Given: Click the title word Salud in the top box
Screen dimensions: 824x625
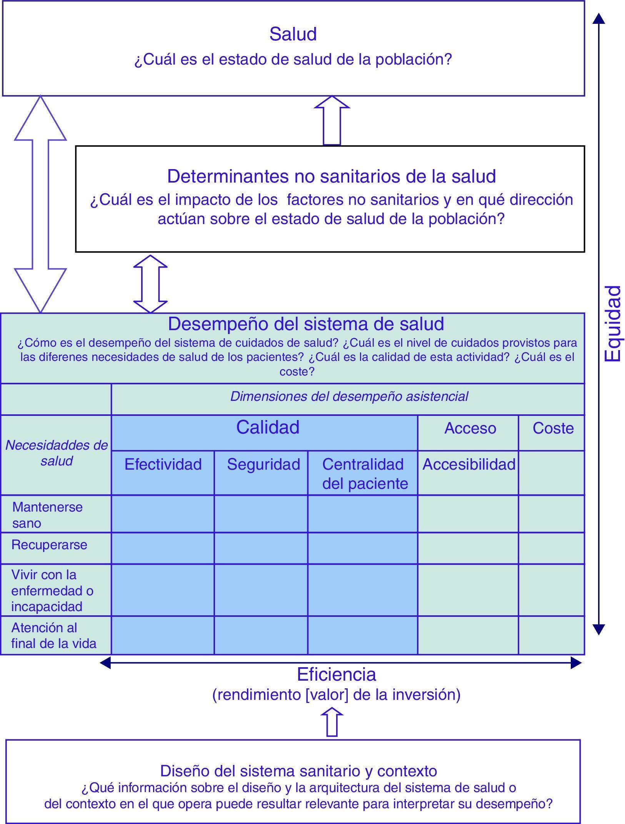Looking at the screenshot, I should [x=293, y=34].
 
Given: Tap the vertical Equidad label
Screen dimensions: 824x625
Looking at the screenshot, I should [x=613, y=323].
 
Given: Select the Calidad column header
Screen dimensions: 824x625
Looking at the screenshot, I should [x=268, y=427].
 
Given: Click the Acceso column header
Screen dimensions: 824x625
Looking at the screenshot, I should [x=470, y=428].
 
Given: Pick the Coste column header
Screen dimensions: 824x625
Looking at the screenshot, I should [x=553, y=428].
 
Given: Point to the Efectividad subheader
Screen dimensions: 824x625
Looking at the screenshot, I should [x=163, y=464].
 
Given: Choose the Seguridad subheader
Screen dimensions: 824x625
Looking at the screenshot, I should [x=263, y=464].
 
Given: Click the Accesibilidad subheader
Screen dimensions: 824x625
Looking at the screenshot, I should [x=469, y=464].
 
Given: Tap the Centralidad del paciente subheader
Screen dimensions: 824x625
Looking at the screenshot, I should [x=365, y=473].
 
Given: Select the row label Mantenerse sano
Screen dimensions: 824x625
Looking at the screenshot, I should [x=47, y=515].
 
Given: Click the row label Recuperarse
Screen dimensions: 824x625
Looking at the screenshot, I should [x=49, y=545].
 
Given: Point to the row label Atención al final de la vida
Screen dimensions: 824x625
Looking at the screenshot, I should [x=53, y=635].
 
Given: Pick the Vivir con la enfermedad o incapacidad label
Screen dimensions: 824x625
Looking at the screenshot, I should [x=52, y=590].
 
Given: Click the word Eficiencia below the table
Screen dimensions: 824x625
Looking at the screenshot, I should [x=337, y=674].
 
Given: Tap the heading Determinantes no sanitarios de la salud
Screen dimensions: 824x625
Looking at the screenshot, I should [x=331, y=176].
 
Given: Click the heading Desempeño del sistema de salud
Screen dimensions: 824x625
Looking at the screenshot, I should [x=306, y=324].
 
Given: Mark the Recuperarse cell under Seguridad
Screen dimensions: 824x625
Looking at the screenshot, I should [x=261, y=548].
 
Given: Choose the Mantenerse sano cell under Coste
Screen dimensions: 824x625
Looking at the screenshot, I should [x=552, y=514].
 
